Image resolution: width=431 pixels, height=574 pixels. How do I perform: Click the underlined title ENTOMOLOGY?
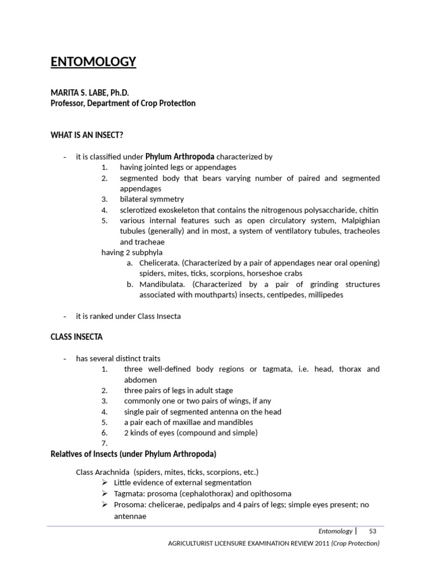[x=93, y=62]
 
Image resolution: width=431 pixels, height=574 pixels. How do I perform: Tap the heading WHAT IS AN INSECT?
[x=87, y=135]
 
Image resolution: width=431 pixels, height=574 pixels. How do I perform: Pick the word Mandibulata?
[x=163, y=284]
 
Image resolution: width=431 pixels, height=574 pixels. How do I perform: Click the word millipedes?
[x=323, y=295]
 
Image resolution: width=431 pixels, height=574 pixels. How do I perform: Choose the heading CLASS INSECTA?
[x=77, y=337]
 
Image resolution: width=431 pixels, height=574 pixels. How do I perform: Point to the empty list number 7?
[x=104, y=443]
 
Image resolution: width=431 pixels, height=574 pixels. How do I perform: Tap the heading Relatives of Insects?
[x=134, y=453]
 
